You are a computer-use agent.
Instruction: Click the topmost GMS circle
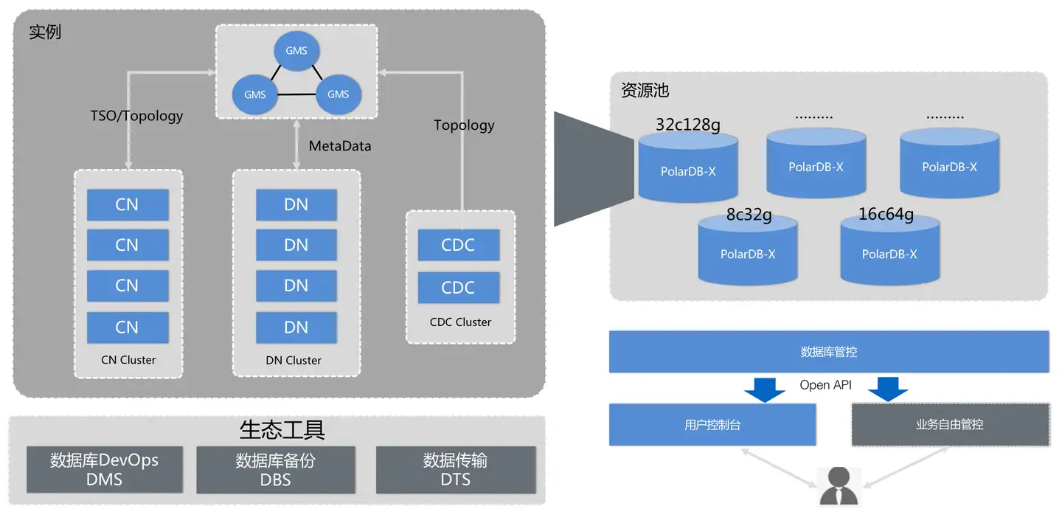[x=296, y=51]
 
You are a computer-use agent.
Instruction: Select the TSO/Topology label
[x=136, y=116]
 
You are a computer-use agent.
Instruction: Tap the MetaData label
[x=340, y=146]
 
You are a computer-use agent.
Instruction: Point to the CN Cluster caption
[x=128, y=360]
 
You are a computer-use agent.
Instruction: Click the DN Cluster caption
[x=294, y=360]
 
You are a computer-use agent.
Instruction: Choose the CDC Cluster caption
[x=460, y=322]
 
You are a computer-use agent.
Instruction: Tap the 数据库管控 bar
[x=828, y=352]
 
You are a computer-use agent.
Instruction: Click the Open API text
[x=825, y=385]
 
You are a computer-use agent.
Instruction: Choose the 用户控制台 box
[x=712, y=425]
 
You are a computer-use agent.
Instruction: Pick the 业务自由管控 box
[x=950, y=425]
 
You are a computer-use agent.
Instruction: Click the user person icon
[x=839, y=487]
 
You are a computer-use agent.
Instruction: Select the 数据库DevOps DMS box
[x=104, y=470]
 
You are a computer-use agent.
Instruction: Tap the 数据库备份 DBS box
[x=275, y=470]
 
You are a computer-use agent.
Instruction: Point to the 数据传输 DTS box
[x=455, y=470]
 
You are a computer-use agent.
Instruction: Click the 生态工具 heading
[x=282, y=429]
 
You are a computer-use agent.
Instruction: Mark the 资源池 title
[x=645, y=91]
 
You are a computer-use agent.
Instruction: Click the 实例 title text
[x=45, y=32]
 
